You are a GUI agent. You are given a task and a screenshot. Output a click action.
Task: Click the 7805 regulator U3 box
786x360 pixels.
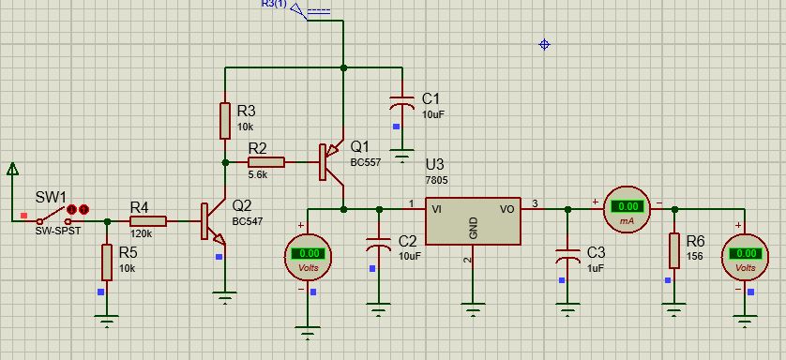tap(473, 221)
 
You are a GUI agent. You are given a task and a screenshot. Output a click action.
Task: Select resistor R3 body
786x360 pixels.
tap(225, 121)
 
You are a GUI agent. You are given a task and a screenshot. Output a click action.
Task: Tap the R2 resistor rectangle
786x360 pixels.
tap(266, 162)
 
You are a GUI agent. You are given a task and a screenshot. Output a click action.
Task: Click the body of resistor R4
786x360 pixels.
tap(148, 221)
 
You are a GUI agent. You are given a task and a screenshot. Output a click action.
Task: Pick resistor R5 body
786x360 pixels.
tap(107, 262)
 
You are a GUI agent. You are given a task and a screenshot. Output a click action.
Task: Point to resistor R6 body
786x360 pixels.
tap(674, 250)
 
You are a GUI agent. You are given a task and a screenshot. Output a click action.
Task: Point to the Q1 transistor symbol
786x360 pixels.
tap(332, 162)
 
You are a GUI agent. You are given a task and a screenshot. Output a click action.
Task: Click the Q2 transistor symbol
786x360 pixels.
tap(214, 221)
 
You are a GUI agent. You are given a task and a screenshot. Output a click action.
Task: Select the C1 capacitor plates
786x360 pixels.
tap(402, 102)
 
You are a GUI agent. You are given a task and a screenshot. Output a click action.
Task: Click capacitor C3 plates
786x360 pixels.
tap(567, 256)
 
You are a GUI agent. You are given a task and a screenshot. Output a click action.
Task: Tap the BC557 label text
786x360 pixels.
tap(366, 162)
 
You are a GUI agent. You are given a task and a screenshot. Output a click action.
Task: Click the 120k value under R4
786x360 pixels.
tap(142, 233)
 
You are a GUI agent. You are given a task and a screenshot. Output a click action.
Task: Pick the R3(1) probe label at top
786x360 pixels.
tap(275, 4)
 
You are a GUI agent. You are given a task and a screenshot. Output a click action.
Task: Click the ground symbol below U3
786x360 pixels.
tap(473, 308)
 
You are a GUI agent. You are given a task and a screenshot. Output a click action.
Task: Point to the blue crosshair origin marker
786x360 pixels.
tap(544, 45)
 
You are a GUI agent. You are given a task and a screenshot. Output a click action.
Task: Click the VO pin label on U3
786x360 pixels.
tap(507, 210)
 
